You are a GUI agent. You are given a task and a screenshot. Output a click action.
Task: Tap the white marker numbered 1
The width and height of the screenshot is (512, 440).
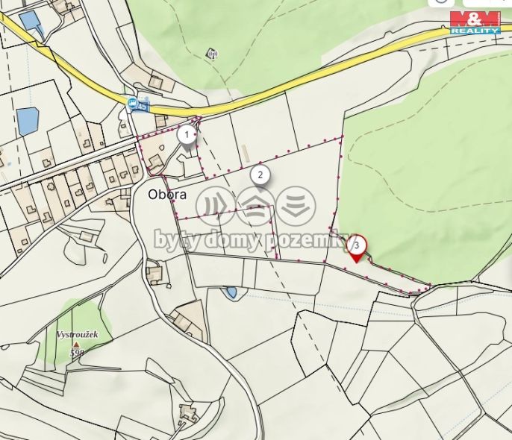[x=186, y=134]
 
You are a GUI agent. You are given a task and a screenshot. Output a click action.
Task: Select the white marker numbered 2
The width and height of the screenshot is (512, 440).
[x=259, y=175]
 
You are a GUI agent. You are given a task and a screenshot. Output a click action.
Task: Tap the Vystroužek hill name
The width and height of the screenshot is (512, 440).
[x=78, y=335]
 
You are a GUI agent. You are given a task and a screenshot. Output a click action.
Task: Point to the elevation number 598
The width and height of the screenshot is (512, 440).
[x=75, y=353]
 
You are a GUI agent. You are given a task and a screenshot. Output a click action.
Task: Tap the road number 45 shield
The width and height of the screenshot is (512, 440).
[x=143, y=107]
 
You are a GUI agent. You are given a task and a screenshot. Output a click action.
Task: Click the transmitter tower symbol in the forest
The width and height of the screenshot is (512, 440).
[x=211, y=54]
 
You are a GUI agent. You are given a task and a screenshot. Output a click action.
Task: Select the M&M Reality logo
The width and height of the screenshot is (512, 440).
[x=475, y=22]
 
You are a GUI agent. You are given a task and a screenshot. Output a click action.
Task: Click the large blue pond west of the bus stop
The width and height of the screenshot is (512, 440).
[x=28, y=120]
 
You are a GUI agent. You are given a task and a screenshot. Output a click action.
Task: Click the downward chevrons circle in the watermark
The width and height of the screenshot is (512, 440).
[x=296, y=205]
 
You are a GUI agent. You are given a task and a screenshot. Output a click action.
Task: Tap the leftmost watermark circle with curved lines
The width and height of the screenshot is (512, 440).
[x=217, y=206]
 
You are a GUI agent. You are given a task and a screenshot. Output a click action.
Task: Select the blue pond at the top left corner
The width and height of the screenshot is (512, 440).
[x=32, y=21]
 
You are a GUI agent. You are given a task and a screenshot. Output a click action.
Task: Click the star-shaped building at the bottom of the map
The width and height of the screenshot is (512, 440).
[x=187, y=412]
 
